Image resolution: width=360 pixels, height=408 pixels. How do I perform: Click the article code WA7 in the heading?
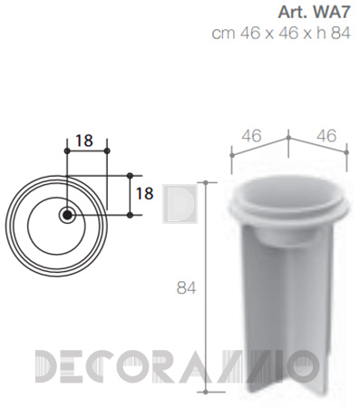pyautogui.click(x=332, y=13)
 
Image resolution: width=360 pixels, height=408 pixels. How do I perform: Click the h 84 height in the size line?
pyautogui.click(x=334, y=33)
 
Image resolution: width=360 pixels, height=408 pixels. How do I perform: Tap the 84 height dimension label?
pyautogui.click(x=186, y=288)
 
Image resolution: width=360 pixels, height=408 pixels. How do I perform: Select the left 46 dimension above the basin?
pyautogui.click(x=251, y=136)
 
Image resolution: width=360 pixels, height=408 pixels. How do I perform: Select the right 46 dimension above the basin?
pyautogui.click(x=326, y=136)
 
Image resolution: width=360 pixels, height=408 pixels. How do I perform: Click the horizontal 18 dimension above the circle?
pyautogui.click(x=84, y=141)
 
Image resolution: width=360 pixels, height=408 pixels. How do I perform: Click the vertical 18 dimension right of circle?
pyautogui.click(x=145, y=193)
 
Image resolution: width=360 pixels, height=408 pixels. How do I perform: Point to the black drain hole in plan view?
pyautogui.click(x=67, y=215)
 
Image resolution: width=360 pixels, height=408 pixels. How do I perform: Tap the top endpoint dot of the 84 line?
pyautogui.click(x=206, y=182)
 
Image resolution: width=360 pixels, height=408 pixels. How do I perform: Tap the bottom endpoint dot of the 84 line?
pyautogui.click(x=206, y=392)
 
